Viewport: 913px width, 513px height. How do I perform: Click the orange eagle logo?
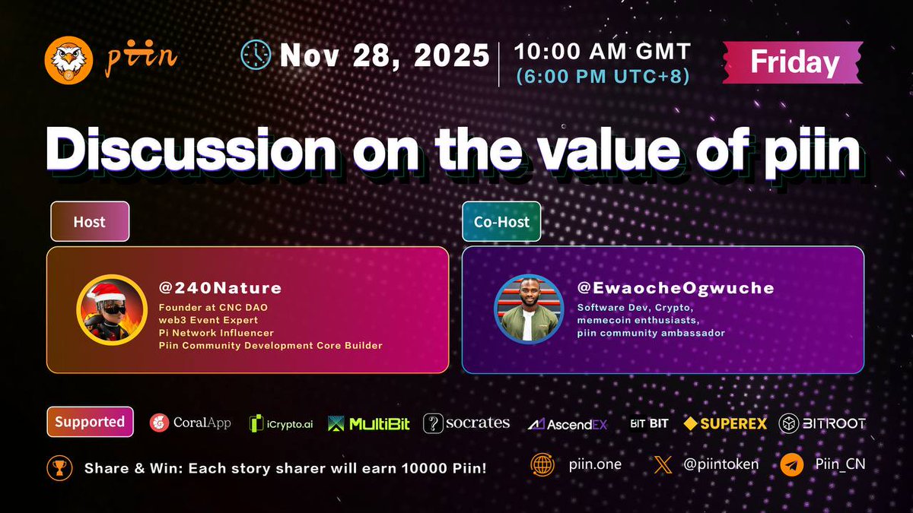tap(69, 60)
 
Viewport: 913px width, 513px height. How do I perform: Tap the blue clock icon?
tap(256, 55)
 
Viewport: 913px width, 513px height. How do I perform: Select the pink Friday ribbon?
tap(794, 62)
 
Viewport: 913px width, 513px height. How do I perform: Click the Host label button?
tap(89, 222)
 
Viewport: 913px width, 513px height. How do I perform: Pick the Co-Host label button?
tap(501, 222)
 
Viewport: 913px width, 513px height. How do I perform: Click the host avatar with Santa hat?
tap(111, 309)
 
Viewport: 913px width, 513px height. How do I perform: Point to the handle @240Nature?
tap(220, 288)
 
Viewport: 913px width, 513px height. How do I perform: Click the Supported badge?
tap(90, 422)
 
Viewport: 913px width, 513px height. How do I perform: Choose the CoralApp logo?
tap(190, 423)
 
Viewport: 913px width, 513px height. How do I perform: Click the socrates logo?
tap(466, 423)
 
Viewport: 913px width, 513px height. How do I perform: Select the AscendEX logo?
tap(568, 423)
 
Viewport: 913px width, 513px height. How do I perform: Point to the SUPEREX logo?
tap(725, 423)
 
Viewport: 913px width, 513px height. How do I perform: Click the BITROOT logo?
tap(822, 423)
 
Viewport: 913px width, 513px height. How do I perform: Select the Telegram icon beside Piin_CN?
tap(791, 464)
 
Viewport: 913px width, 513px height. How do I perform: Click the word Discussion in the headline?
tap(190, 150)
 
